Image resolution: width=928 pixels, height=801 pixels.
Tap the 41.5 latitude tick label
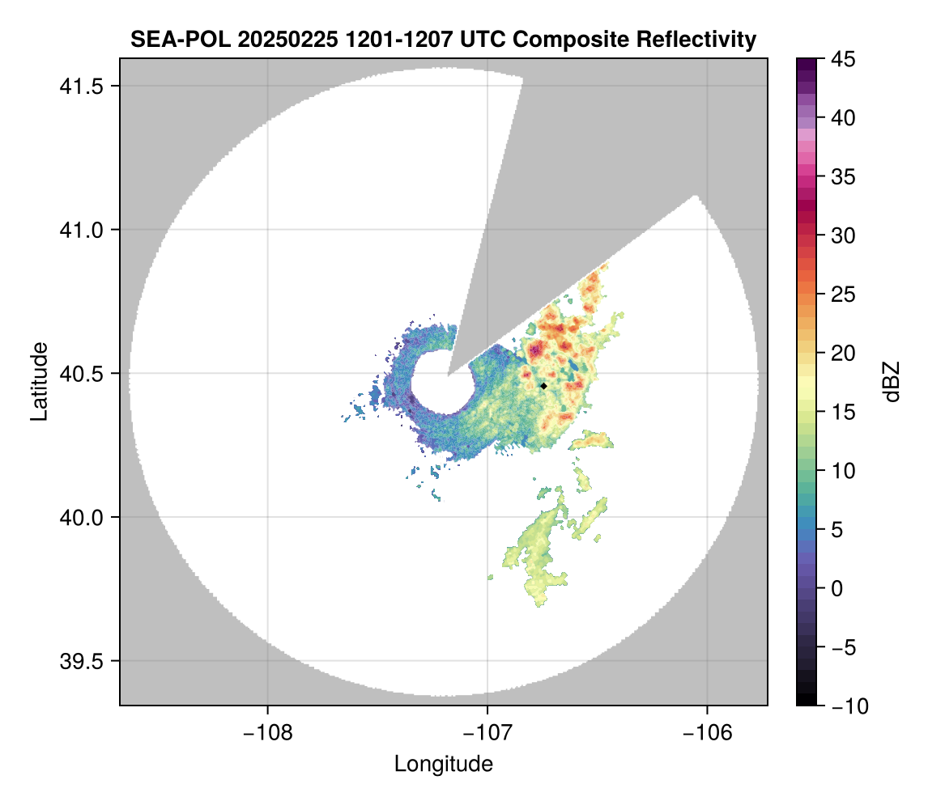click(81, 87)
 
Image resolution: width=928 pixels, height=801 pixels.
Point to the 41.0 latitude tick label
click(81, 230)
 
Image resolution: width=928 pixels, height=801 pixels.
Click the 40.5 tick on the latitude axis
click(81, 374)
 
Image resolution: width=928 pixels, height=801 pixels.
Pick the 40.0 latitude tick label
click(81, 517)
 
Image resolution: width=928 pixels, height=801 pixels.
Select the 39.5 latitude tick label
click(81, 661)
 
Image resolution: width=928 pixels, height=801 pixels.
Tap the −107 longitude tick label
click(487, 733)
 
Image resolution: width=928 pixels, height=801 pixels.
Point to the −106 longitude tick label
click(707, 733)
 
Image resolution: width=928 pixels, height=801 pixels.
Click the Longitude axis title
click(444, 765)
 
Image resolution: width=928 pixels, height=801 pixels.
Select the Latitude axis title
click(39, 381)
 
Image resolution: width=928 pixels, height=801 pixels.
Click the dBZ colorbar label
click(892, 382)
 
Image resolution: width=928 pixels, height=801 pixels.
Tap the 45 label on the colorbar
click(843, 59)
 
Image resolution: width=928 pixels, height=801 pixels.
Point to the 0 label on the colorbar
click(836, 588)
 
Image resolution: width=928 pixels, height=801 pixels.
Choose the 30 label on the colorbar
click(843, 235)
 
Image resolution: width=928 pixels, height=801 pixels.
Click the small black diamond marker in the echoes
click(543, 386)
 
